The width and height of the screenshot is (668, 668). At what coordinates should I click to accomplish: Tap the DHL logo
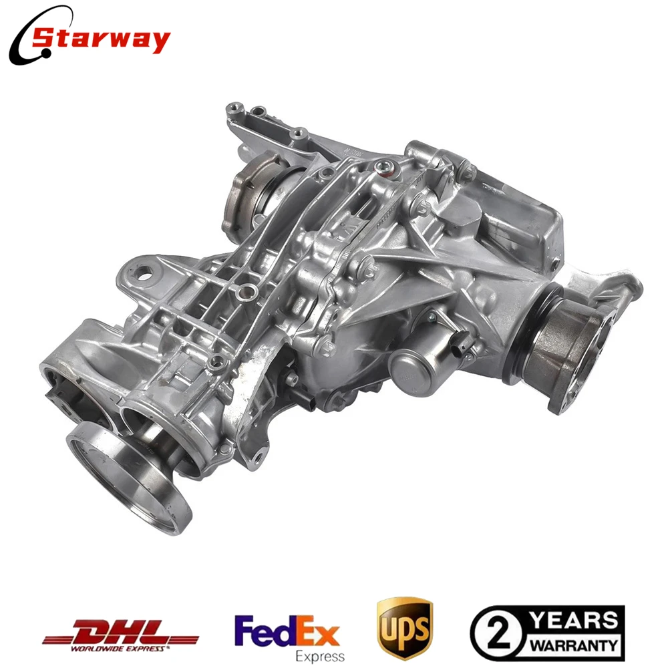pos(121,629)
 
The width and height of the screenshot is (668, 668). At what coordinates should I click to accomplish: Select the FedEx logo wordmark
pos(287,629)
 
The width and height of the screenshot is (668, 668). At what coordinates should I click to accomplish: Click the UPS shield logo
pos(404,629)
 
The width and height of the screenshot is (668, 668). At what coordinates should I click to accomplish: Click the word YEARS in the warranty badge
pos(571,619)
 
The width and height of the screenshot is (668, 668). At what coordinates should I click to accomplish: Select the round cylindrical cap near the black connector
pos(407,364)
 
